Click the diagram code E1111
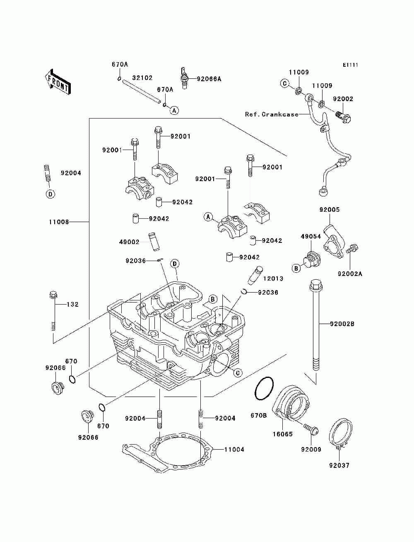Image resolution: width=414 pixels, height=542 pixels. (x=350, y=65)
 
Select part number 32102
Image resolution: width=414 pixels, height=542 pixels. (x=142, y=78)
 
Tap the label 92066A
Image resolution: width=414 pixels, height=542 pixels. (x=209, y=79)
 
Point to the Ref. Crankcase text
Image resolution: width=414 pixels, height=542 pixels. (x=272, y=114)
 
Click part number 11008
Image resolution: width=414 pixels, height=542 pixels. (x=59, y=222)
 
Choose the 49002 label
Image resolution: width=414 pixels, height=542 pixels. (x=129, y=242)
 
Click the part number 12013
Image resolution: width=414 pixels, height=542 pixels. (x=273, y=278)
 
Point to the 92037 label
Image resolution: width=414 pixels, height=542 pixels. (x=339, y=465)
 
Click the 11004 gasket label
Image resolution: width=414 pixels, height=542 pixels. (x=234, y=450)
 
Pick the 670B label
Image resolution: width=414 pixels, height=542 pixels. (x=259, y=416)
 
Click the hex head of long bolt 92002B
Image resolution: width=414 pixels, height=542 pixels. (x=316, y=285)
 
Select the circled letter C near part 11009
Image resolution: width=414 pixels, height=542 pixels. (x=285, y=83)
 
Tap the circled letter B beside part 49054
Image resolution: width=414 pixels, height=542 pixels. (x=296, y=268)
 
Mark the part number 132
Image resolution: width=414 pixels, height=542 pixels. (x=72, y=305)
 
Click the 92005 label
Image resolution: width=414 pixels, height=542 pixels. (x=330, y=210)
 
